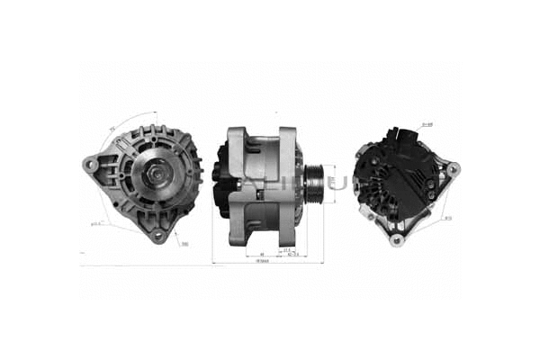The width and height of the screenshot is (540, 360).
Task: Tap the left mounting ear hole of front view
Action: [x=90, y=165]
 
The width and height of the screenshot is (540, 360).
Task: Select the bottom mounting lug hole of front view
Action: [x=157, y=237]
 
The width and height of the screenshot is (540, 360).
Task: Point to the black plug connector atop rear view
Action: [x=396, y=138]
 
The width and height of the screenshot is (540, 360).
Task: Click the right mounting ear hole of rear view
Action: [x=452, y=167]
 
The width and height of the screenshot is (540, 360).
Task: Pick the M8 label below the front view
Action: [x=183, y=244]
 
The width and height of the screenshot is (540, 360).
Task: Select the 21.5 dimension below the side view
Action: [x=287, y=248]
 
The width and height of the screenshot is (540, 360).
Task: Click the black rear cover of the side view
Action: [x=220, y=184]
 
